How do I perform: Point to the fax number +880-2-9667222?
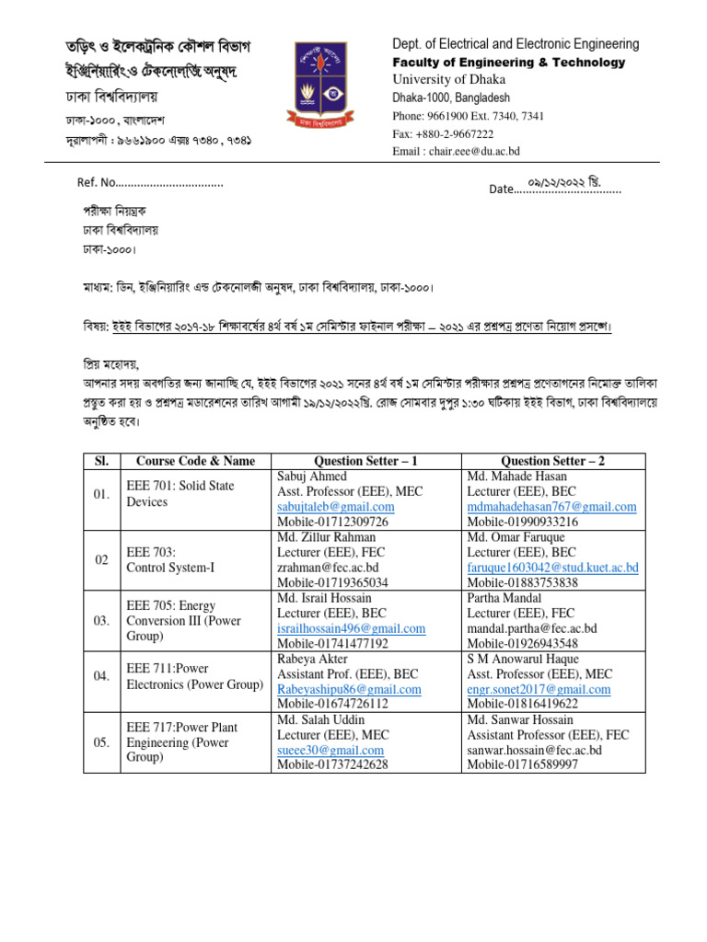pos(441,133)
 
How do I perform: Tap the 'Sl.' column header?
pos(101,461)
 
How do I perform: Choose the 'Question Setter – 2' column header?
pos(552,461)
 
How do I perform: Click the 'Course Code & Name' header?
pos(195,461)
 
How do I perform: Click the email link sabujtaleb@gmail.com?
pos(335,507)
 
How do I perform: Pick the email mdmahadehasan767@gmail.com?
pos(551,507)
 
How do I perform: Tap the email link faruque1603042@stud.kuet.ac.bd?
pos(552,568)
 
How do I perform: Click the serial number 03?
pos(101,621)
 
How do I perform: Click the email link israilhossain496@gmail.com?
pos(351,628)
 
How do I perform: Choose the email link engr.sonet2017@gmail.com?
pos(539,689)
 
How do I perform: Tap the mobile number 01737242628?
pos(332,764)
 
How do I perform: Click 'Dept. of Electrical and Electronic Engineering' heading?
pos(516,44)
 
